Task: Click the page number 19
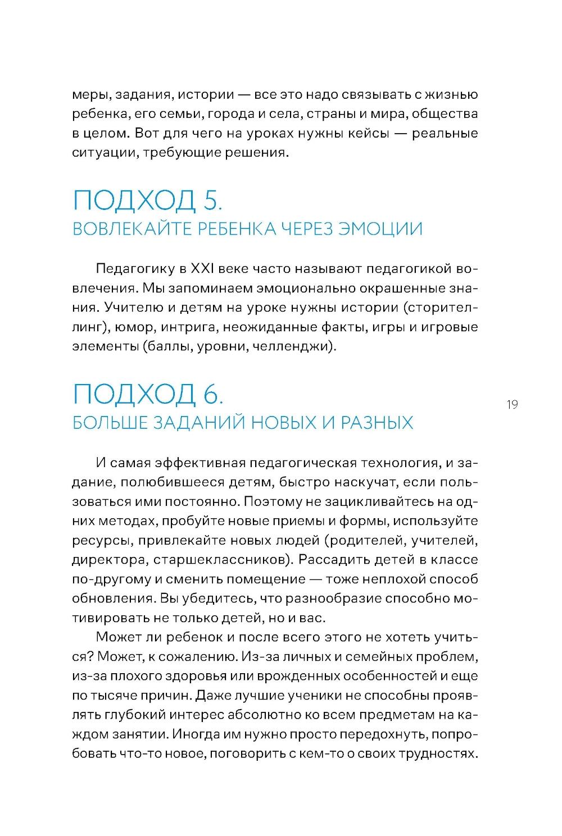pyautogui.click(x=511, y=404)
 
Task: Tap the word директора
pyautogui.click(x=106, y=560)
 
